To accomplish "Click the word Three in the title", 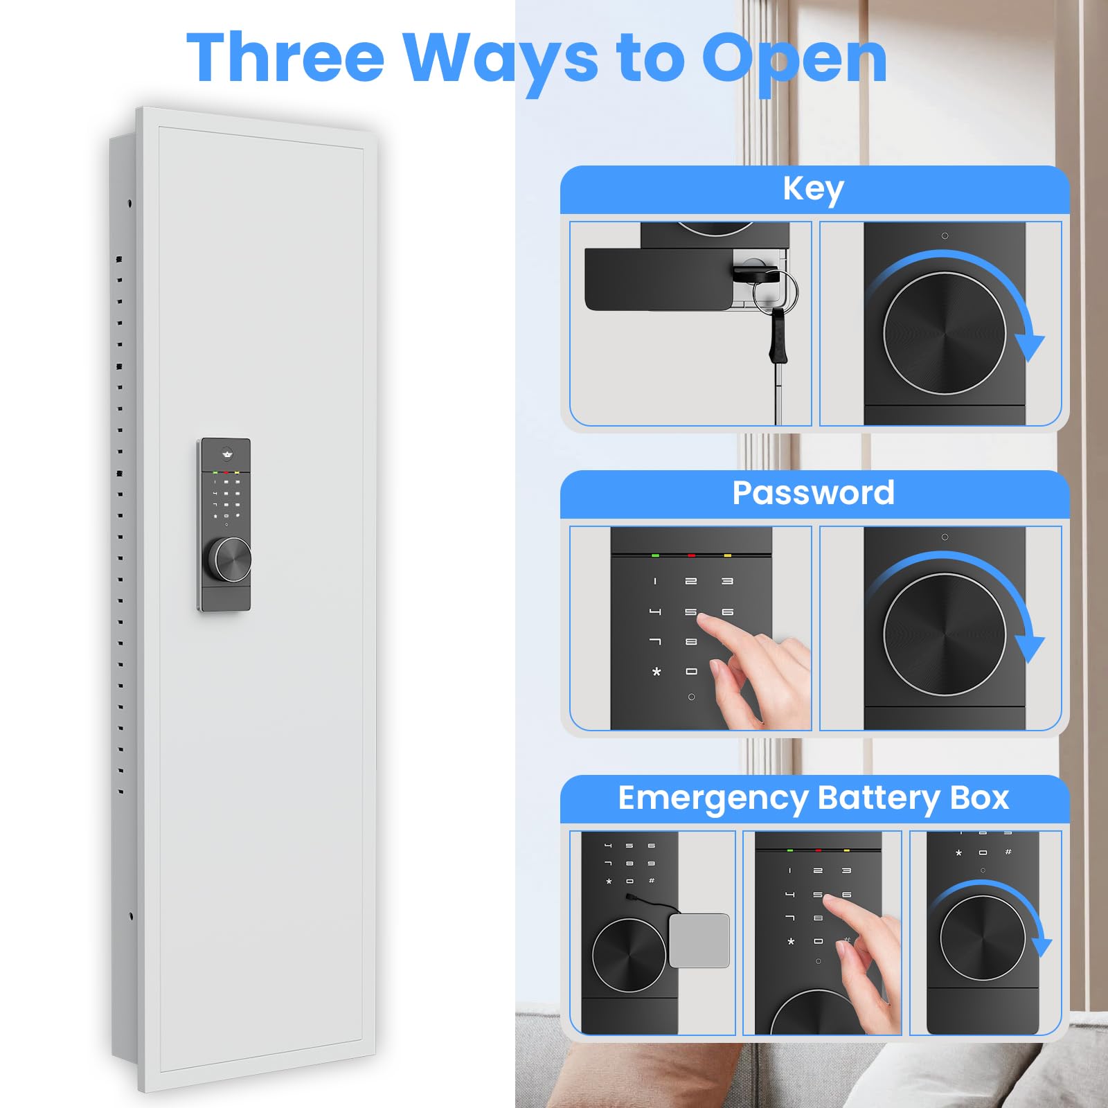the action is point(285,57).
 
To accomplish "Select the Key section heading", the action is point(813,188).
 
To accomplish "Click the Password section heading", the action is point(814,492).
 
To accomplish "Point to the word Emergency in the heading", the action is point(713,799).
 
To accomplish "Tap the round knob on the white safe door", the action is point(230,560).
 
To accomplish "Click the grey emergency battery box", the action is point(699,940).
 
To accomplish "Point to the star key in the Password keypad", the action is point(656,672).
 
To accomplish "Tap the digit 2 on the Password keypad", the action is point(690,582).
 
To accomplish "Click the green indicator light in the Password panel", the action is point(655,555).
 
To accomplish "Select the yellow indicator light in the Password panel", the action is point(727,555).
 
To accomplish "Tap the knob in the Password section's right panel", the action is point(945,634).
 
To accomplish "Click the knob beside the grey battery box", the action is point(629,955).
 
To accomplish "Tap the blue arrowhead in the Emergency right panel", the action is point(1042,948).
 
